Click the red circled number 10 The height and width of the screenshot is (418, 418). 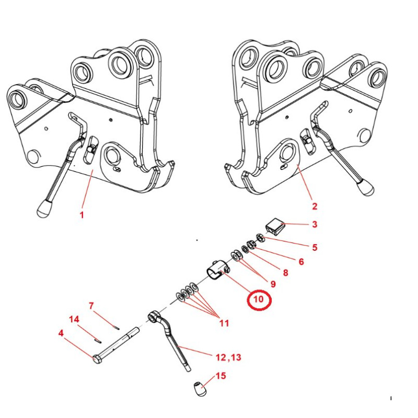pyautogui.click(x=259, y=299)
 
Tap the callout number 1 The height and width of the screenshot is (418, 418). pyautogui.click(x=82, y=215)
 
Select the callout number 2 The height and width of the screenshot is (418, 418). pyautogui.click(x=315, y=206)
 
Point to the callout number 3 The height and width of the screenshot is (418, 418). pyautogui.click(x=315, y=224)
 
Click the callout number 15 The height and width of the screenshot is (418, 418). pyautogui.click(x=220, y=376)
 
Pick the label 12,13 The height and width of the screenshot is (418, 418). pyautogui.click(x=228, y=357)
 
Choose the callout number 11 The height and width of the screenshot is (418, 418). pyautogui.click(x=224, y=323)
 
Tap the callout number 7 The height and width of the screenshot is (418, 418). pyautogui.click(x=91, y=306)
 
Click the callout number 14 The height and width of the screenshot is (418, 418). pyautogui.click(x=74, y=319)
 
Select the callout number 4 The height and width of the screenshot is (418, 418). pyautogui.click(x=61, y=333)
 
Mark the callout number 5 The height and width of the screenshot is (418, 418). pyautogui.click(x=315, y=247)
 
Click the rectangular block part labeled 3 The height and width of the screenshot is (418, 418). pyautogui.click(x=275, y=227)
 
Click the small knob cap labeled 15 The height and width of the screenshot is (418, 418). pyautogui.click(x=200, y=389)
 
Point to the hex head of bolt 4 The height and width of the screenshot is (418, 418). pyautogui.click(x=97, y=359)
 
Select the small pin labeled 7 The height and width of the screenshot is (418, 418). pyautogui.click(x=116, y=328)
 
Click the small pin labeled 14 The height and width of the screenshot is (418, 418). pyautogui.click(x=98, y=341)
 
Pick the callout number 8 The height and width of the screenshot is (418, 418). pyautogui.click(x=285, y=273)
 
